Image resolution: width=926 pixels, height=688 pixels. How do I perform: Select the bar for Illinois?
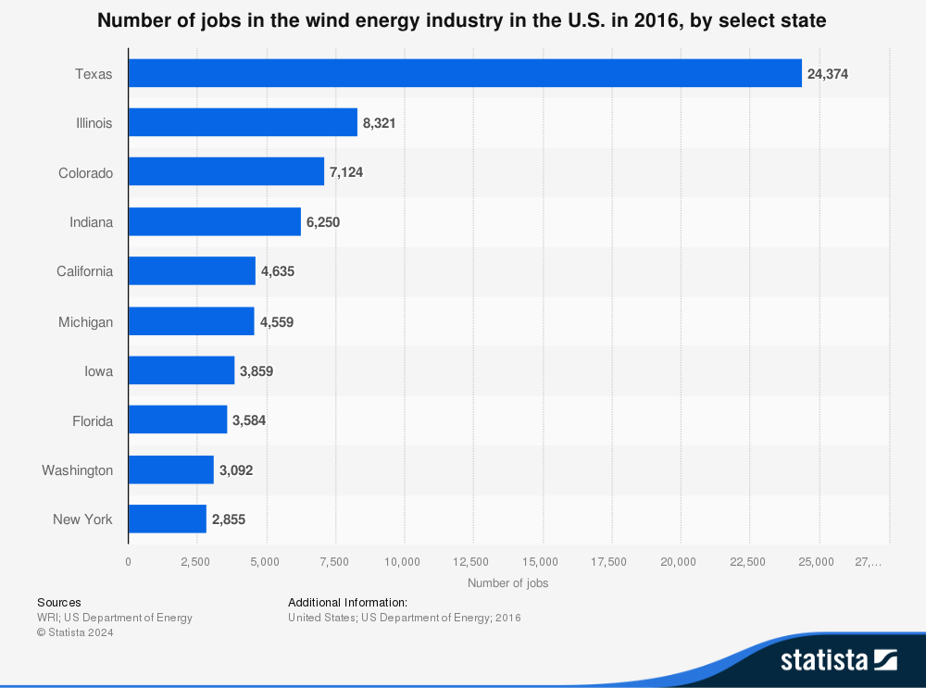click(243, 122)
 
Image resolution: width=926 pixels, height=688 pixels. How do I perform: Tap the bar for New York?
click(167, 519)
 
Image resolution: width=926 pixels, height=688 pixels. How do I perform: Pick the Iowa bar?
click(181, 370)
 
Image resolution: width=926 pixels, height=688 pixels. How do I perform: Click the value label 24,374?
click(828, 74)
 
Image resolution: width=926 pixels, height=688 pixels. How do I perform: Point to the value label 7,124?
click(346, 173)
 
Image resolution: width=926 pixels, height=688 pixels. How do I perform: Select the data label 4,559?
click(277, 322)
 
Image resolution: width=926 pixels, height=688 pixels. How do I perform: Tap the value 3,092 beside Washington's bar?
click(236, 470)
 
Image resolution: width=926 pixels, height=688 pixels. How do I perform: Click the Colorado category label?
click(85, 173)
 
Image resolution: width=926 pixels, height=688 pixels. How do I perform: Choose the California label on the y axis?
click(84, 271)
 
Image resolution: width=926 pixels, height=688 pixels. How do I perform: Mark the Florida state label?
click(93, 421)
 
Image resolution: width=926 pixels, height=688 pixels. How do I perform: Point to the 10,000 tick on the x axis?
click(404, 561)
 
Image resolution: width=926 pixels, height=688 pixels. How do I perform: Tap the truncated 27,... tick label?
click(868, 561)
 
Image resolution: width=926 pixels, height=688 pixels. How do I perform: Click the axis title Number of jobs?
click(507, 583)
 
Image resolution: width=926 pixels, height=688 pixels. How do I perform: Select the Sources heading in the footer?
click(59, 602)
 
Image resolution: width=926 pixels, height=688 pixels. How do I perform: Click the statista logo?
click(838, 659)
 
